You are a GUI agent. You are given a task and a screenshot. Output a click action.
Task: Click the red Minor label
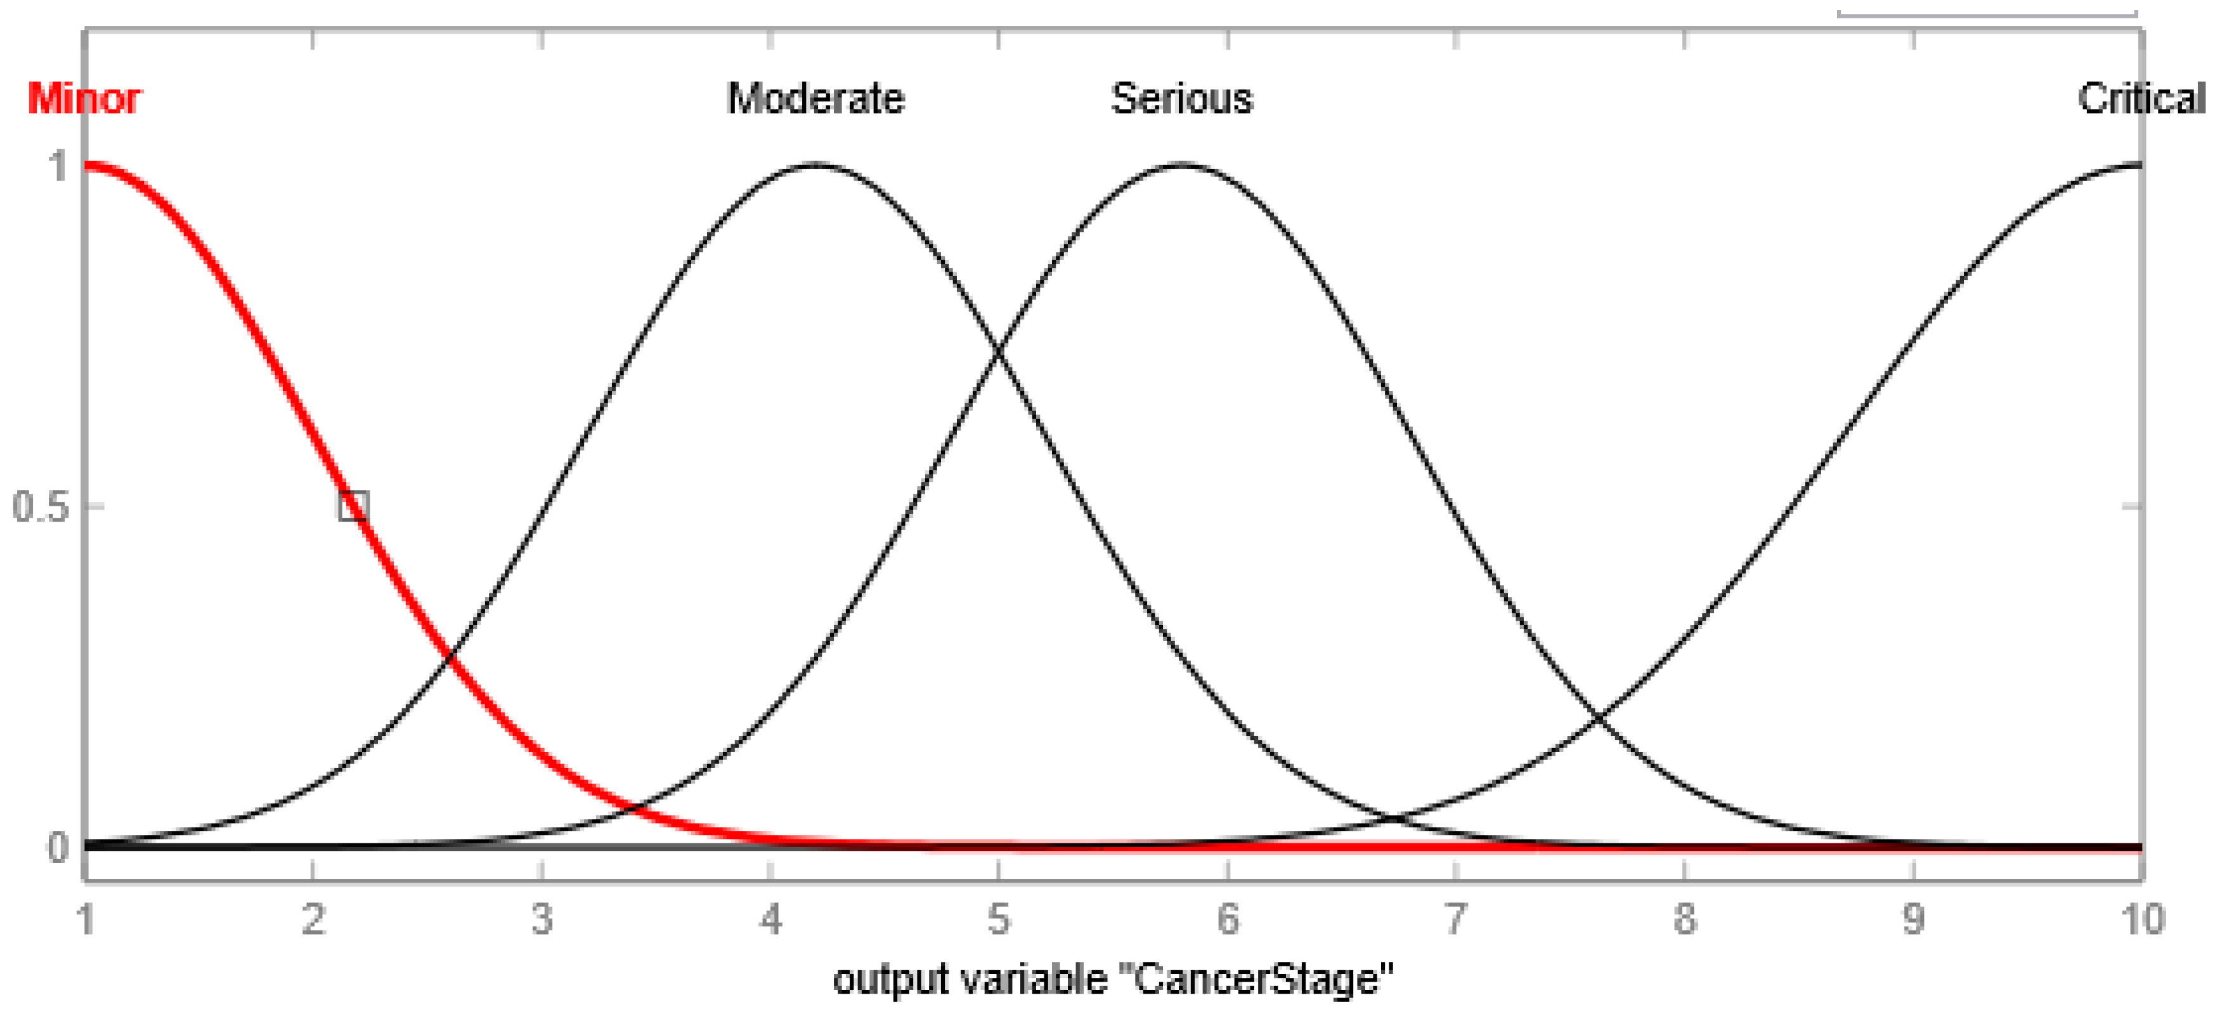click(x=84, y=98)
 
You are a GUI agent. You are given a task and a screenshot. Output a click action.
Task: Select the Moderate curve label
click(x=815, y=98)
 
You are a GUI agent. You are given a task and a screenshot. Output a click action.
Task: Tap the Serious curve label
click(x=1181, y=98)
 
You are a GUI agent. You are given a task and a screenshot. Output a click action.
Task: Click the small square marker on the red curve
click(x=353, y=505)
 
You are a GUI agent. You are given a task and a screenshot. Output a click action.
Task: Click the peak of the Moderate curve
click(x=815, y=164)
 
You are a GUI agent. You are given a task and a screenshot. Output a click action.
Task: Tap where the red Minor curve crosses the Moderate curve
click(x=449, y=661)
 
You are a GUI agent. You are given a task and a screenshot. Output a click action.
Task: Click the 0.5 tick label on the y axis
click(x=41, y=506)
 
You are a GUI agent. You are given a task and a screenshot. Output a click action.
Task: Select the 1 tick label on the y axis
click(x=58, y=166)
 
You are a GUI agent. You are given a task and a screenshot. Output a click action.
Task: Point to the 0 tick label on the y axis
click(x=58, y=848)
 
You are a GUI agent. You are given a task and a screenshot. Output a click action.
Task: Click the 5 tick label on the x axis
click(x=998, y=919)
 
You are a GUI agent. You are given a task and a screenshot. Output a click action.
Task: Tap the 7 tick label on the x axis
click(x=1455, y=919)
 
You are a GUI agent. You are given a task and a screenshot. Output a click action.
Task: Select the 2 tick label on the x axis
click(x=313, y=919)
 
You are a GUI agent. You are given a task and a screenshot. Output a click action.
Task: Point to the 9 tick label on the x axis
click(x=1913, y=919)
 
